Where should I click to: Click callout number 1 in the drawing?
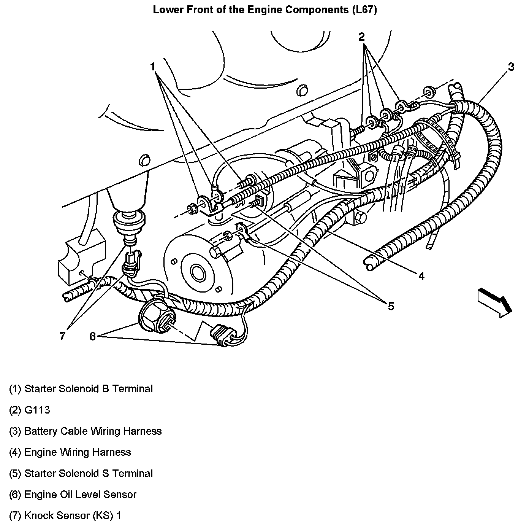click(153, 67)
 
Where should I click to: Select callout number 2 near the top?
click(361, 37)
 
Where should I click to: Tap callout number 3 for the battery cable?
click(511, 67)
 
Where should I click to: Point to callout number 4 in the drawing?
click(421, 276)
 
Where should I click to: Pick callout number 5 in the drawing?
click(391, 305)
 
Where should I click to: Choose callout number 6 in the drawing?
click(92, 336)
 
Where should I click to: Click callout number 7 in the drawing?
click(62, 336)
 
